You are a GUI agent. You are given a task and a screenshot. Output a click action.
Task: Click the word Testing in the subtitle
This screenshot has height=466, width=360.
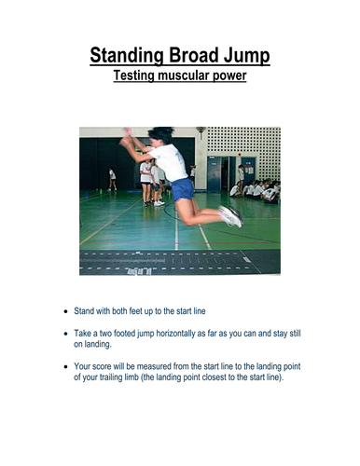138,76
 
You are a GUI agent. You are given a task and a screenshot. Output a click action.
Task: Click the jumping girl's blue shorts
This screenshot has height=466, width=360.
183,189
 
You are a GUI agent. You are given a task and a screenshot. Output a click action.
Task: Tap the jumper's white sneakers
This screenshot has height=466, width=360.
229,216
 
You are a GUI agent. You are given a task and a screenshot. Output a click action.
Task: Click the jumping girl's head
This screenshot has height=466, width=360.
160,136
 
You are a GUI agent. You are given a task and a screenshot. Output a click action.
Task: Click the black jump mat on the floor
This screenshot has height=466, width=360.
177,262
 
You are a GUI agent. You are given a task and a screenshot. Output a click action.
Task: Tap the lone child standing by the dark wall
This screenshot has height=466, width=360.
113,179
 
